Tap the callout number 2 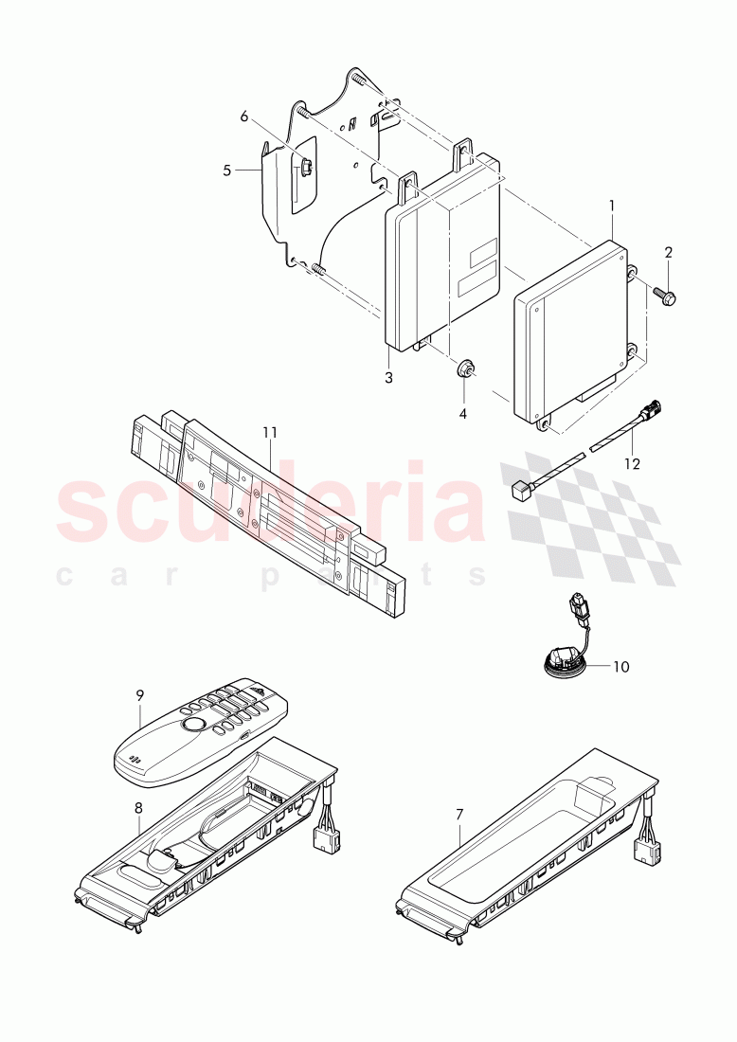pyautogui.click(x=668, y=253)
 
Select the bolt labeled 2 pyautogui.click(x=665, y=295)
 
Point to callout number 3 pyautogui.click(x=389, y=378)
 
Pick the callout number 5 pyautogui.click(x=227, y=171)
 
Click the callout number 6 pyautogui.click(x=243, y=117)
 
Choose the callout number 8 pyautogui.click(x=138, y=808)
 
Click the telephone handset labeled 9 pyautogui.click(x=201, y=731)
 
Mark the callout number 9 pyautogui.click(x=139, y=696)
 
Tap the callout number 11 pyautogui.click(x=269, y=433)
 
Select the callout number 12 pyautogui.click(x=632, y=464)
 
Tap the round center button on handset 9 pyautogui.click(x=193, y=725)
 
